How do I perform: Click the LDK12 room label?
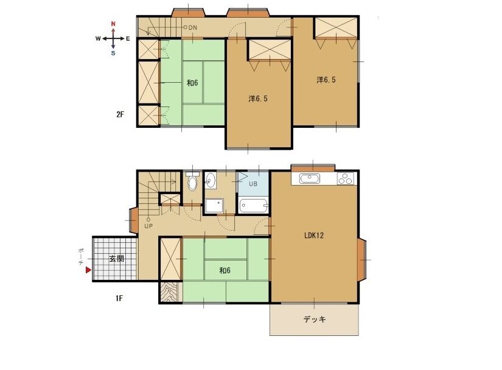(x=314, y=236)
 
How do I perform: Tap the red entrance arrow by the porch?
(x=88, y=270)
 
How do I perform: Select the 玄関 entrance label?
(x=117, y=258)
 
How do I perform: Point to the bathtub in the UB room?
(x=254, y=206)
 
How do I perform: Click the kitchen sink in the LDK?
(x=310, y=178)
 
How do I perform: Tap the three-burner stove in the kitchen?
(x=346, y=178)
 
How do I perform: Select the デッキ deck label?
(x=315, y=319)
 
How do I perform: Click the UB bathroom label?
(x=253, y=184)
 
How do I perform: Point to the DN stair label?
(x=193, y=27)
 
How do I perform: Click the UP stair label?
(x=148, y=226)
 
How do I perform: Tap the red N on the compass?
(x=113, y=24)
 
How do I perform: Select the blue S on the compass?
(x=113, y=53)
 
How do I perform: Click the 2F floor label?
(x=120, y=114)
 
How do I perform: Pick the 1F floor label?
(x=119, y=298)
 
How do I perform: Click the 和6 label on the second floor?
(x=192, y=83)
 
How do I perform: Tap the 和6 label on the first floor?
(x=225, y=270)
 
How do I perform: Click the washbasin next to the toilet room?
(x=211, y=181)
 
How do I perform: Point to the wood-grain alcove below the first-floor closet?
(x=171, y=291)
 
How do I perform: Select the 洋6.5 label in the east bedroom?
(x=326, y=80)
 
